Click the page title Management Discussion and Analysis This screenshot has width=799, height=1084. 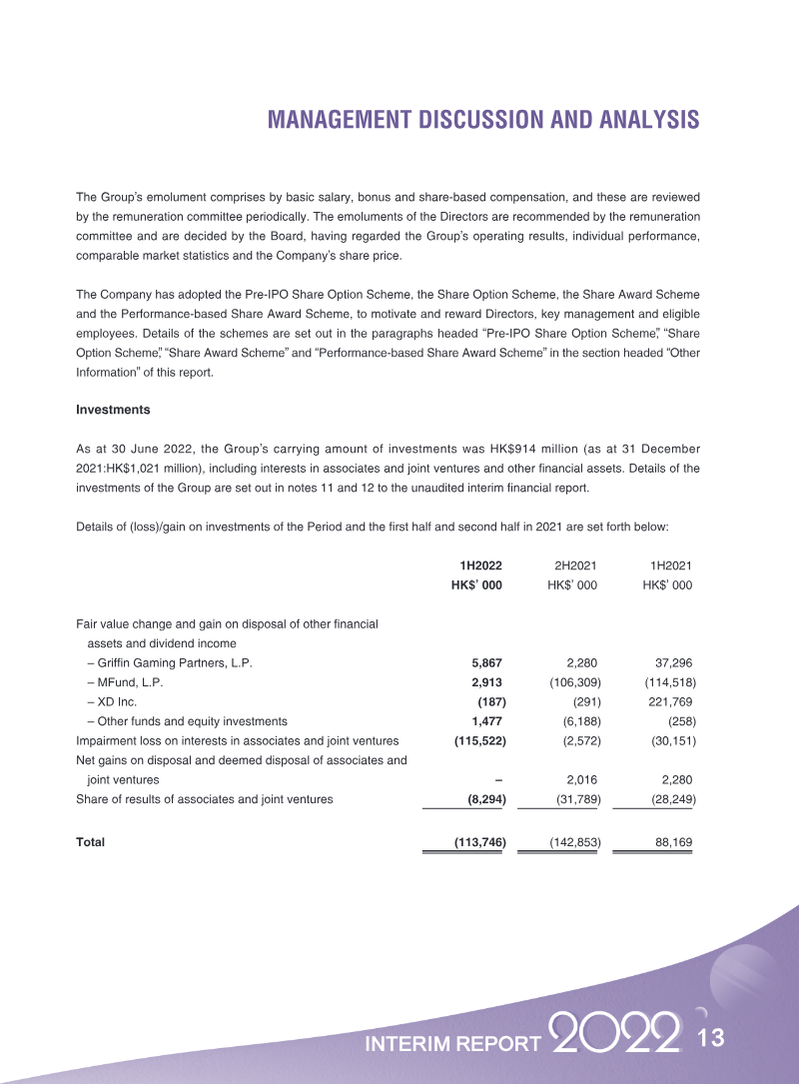tap(483, 121)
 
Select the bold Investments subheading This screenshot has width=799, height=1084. tap(114, 410)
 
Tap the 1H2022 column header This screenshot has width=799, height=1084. tap(480, 565)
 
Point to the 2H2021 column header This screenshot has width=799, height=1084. tap(574, 565)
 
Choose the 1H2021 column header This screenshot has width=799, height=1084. tap(670, 565)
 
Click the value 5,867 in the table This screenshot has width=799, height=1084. tap(486, 662)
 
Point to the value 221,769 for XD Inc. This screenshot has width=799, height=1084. tap(668, 701)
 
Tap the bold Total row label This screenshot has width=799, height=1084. tap(91, 842)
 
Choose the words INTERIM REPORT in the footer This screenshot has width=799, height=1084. tap(453, 1044)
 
